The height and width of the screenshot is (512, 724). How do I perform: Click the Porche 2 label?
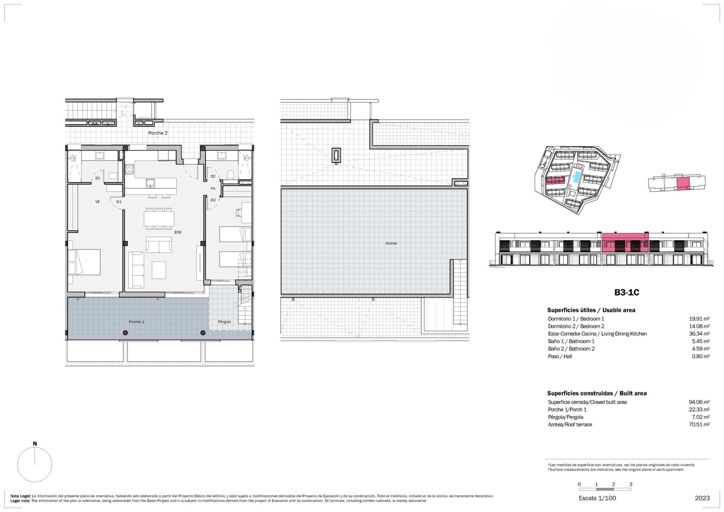[158, 133]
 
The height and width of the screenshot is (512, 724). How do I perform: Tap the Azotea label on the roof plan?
[391, 243]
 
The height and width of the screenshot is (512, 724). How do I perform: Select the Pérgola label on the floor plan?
[224, 322]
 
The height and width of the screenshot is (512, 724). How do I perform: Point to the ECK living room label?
[178, 232]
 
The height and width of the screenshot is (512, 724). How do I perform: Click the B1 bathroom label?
[97, 178]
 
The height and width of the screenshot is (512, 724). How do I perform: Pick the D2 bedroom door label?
[213, 200]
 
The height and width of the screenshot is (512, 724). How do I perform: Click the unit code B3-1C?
[627, 292]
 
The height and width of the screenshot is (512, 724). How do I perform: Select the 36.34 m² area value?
[699, 334]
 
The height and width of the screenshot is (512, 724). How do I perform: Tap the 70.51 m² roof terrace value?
[699, 425]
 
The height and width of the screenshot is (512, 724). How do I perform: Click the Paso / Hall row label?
[560, 356]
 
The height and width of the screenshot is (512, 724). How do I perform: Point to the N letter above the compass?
[35, 444]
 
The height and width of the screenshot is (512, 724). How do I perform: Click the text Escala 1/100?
[598, 498]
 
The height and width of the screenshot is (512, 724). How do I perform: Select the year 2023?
[702, 498]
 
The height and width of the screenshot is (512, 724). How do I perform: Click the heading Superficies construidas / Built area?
[597, 393]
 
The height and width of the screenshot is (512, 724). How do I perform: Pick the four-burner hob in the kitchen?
[130, 169]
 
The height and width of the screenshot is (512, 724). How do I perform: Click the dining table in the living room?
[159, 219]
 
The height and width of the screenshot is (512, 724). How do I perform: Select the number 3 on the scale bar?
[630, 484]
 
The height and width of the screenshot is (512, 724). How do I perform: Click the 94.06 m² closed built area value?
[699, 402]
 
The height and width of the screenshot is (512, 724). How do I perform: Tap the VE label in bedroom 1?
[97, 202]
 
